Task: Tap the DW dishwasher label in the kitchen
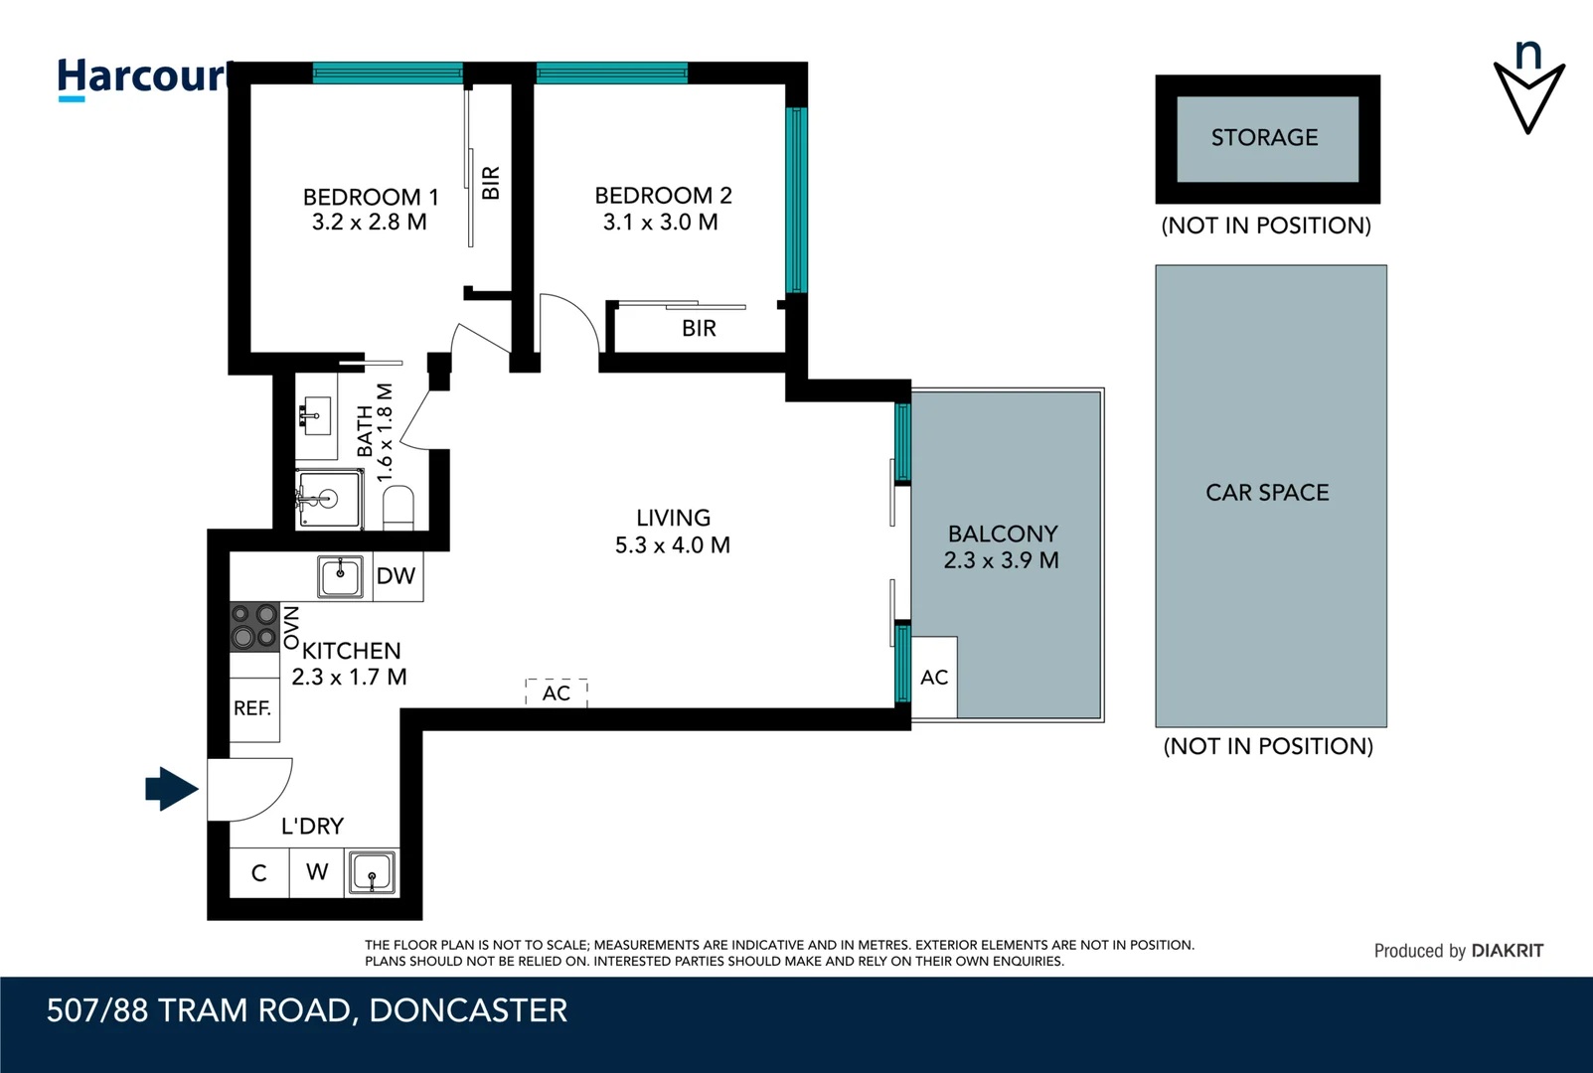396,576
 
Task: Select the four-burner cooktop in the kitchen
253,626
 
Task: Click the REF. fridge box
252,708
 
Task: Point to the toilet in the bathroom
398,506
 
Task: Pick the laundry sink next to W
373,873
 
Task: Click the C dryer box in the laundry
258,873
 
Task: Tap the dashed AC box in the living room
557,692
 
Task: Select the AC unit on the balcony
934,678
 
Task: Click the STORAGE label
1264,138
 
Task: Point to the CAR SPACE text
1267,493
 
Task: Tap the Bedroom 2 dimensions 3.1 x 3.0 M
660,223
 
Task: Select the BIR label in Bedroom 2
699,329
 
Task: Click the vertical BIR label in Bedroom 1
491,183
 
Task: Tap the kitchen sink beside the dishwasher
340,576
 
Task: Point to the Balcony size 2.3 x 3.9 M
1001,560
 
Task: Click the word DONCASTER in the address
468,1010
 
